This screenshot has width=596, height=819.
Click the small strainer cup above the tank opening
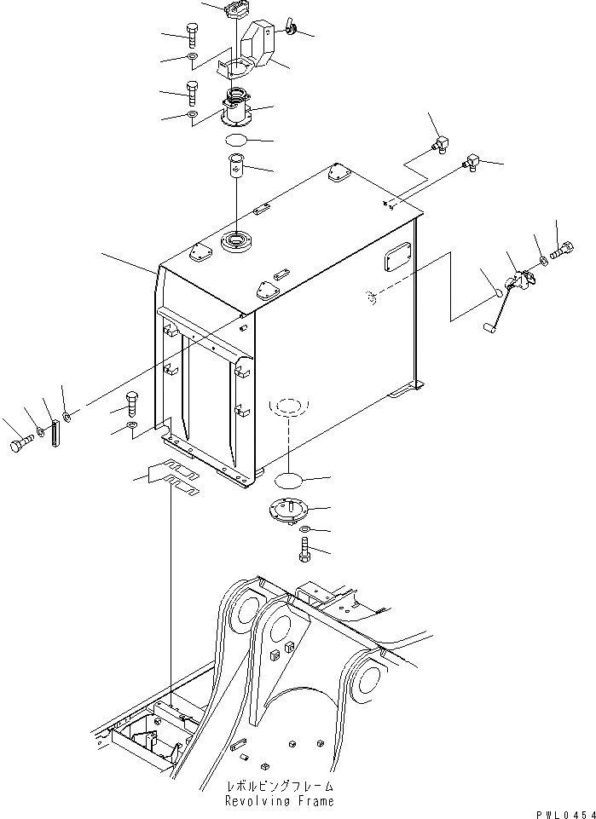coord(236,164)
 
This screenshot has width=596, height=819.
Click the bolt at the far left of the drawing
coord(20,446)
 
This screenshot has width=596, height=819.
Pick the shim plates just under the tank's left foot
coord(175,478)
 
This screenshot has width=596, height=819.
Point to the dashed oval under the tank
coord(287,407)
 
